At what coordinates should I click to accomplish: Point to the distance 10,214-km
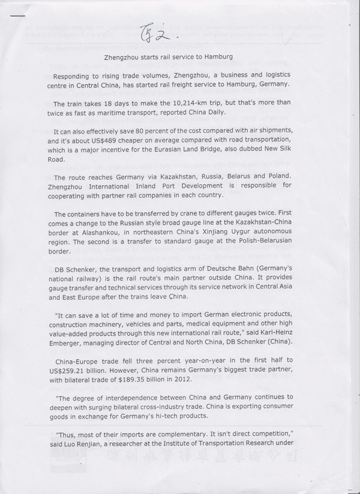tap(179, 103)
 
